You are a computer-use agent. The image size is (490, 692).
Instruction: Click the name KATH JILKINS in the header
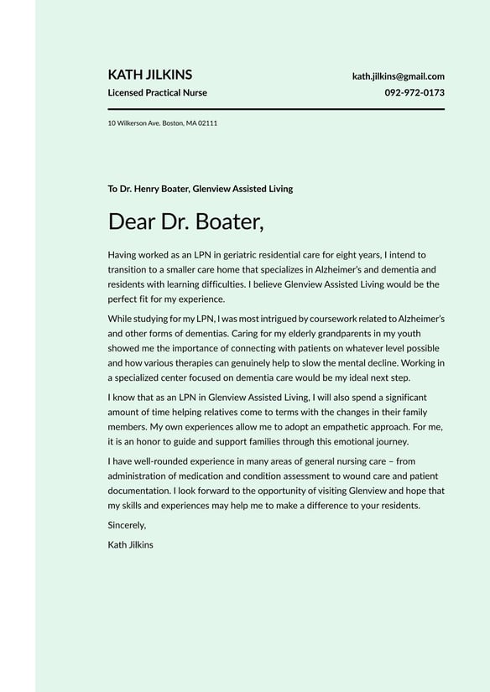click(150, 75)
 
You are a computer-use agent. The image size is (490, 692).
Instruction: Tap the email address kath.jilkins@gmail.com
click(398, 76)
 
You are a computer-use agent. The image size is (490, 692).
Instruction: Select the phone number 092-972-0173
click(414, 93)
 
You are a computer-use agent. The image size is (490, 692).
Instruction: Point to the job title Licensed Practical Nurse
click(157, 93)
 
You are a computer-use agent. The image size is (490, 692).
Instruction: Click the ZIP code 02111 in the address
click(208, 123)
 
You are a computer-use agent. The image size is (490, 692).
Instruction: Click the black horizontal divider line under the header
click(276, 109)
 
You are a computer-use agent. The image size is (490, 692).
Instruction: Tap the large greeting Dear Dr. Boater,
click(185, 221)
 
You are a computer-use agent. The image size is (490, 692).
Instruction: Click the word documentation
click(138, 491)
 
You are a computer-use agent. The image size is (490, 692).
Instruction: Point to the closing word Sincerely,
click(128, 525)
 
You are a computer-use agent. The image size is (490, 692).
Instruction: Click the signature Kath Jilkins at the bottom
click(131, 544)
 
